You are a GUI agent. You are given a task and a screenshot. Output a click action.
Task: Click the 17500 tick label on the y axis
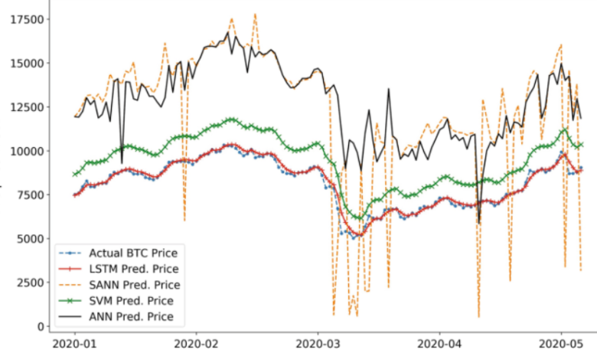tap(24, 19)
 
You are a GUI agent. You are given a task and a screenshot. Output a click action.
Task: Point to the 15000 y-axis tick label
tap(24, 63)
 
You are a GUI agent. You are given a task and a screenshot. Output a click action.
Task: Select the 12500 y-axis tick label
tap(24, 106)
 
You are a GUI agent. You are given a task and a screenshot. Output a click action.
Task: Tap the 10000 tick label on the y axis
tap(24, 151)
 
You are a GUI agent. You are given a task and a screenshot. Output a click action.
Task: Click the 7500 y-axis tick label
tap(27, 195)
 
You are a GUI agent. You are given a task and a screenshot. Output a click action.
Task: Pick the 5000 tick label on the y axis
tap(27, 238)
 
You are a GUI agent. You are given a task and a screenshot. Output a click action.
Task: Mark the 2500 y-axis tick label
tap(27, 282)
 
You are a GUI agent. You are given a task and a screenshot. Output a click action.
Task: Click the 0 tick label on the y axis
tap(39, 326)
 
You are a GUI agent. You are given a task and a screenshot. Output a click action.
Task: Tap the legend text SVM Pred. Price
tap(131, 300)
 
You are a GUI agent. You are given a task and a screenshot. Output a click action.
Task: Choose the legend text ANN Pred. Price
tap(131, 316)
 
